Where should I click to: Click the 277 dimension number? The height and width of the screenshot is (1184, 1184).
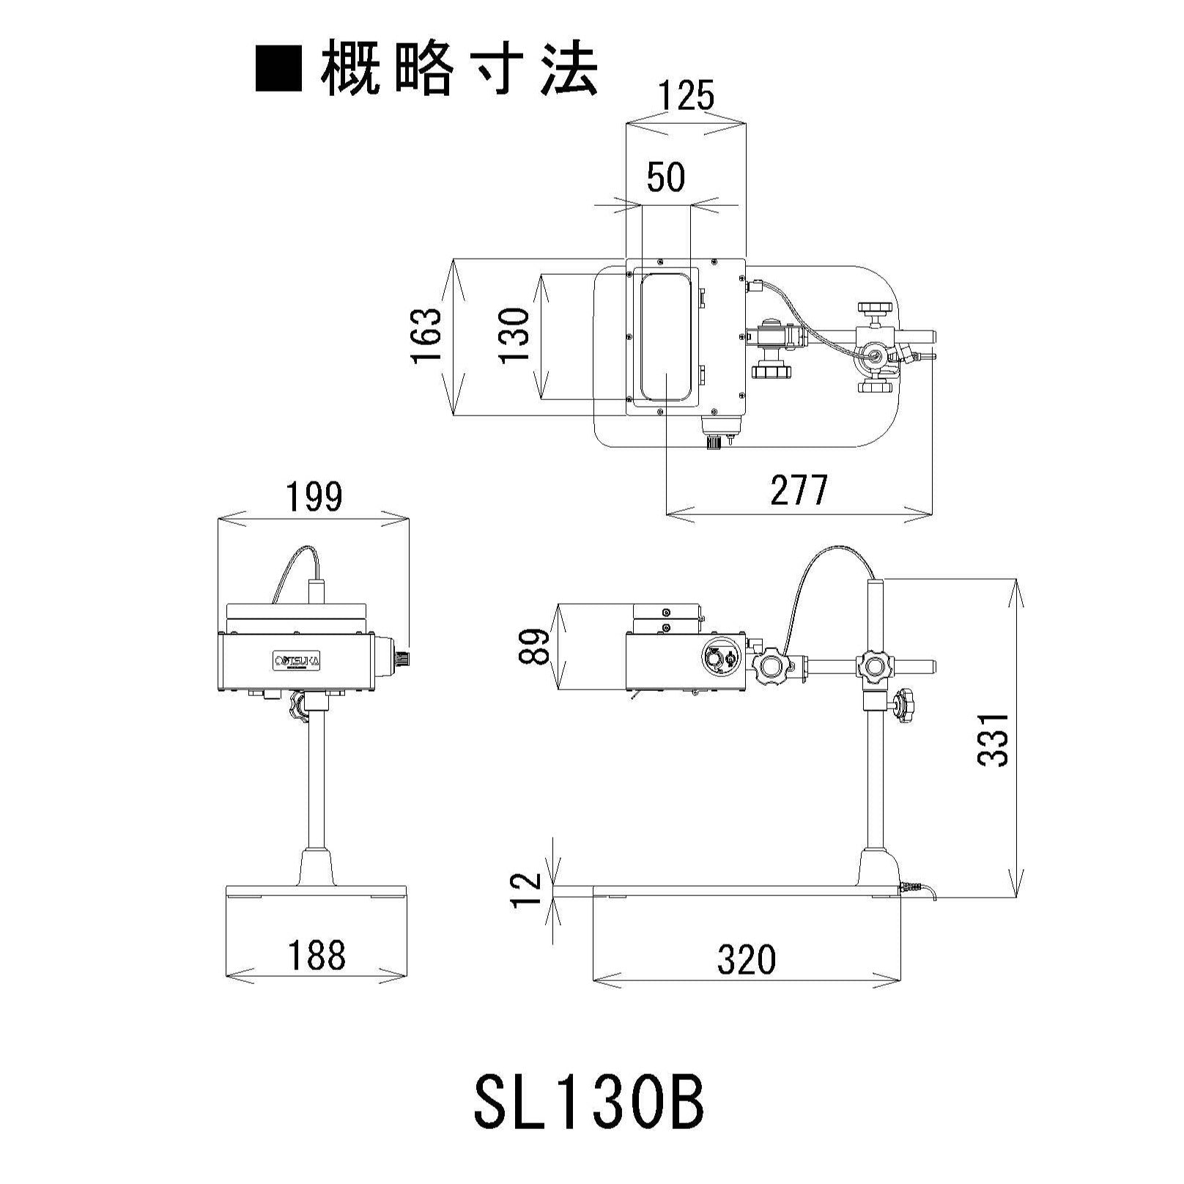(799, 490)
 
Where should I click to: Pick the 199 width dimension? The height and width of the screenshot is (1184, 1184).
(314, 497)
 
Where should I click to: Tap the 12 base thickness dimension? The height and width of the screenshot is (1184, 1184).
(527, 889)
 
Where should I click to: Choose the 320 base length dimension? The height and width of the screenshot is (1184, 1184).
(746, 960)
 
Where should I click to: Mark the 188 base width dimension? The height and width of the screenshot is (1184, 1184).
(317, 955)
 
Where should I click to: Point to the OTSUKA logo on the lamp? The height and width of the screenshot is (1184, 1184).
(297, 660)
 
